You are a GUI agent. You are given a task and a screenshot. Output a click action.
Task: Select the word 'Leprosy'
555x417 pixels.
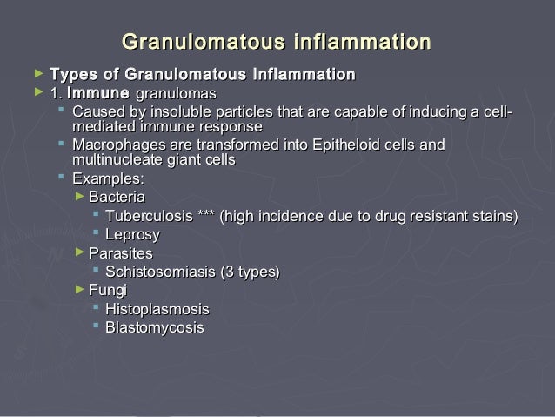(132, 234)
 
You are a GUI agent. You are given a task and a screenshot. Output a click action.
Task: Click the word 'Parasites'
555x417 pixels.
(121, 253)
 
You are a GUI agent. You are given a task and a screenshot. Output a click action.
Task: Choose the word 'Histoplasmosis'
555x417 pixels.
(157, 309)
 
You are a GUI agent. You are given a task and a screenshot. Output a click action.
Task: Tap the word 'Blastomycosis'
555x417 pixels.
(155, 328)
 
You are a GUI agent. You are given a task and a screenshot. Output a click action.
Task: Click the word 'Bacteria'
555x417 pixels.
(117, 197)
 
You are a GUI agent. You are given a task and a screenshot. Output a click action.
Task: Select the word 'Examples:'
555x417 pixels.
(108, 178)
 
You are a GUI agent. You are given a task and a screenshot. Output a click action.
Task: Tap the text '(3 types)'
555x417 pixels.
(251, 272)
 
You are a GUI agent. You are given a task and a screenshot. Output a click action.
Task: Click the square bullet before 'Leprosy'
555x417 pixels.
(96, 234)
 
